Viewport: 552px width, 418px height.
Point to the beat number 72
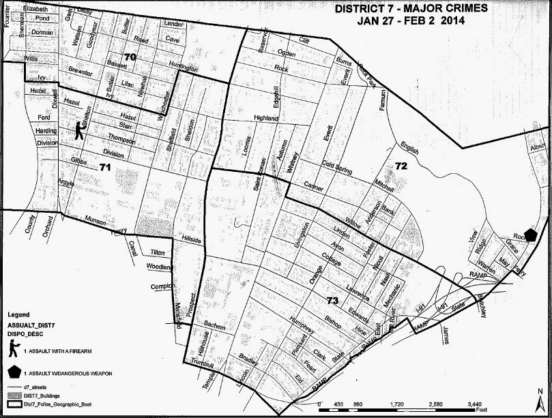click(401, 166)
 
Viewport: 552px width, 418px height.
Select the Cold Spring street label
click(339, 164)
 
